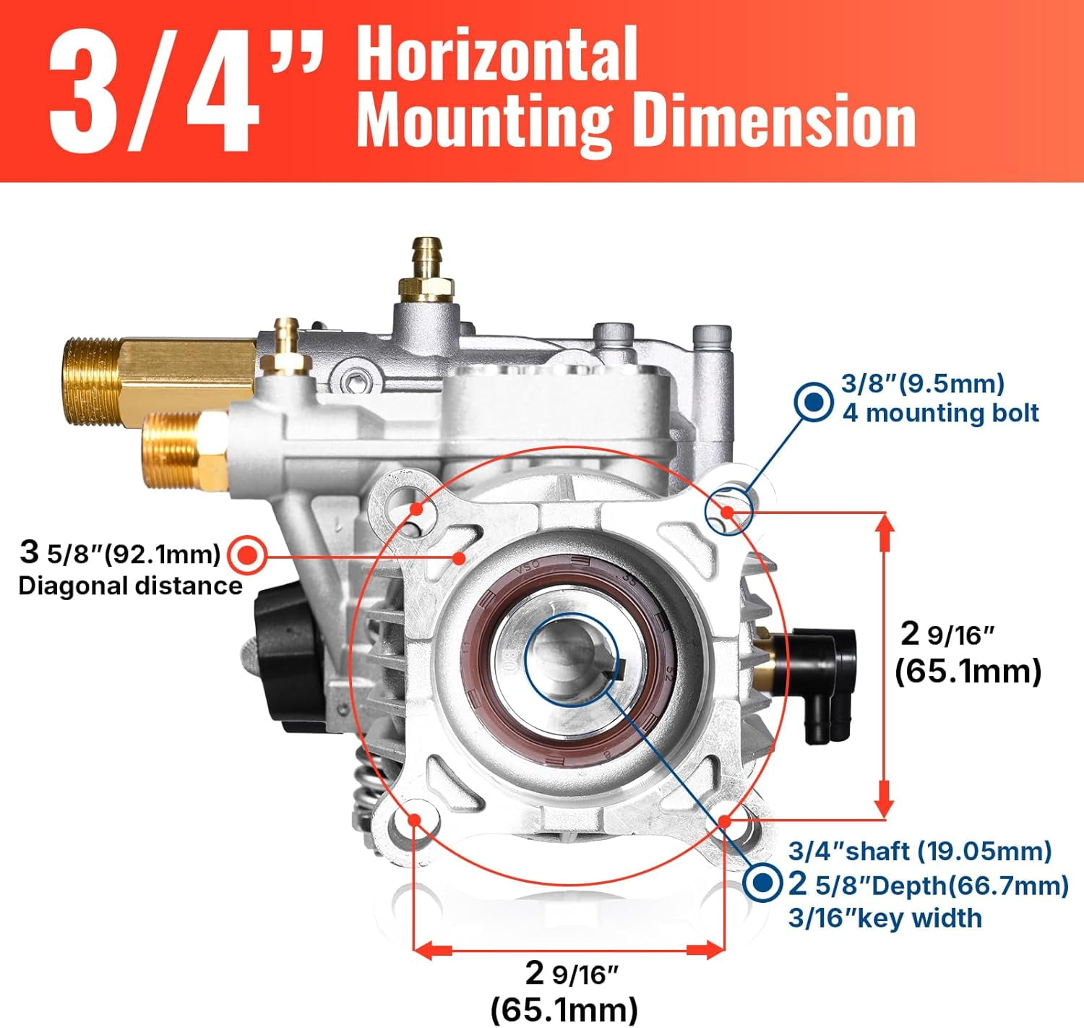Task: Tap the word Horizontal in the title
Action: (496, 54)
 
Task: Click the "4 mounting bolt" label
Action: (941, 414)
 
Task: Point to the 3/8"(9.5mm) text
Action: (923, 383)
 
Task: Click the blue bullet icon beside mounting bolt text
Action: (813, 402)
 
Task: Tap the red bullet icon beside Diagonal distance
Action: (248, 554)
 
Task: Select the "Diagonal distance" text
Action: (131, 586)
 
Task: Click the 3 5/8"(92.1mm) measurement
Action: (120, 552)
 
